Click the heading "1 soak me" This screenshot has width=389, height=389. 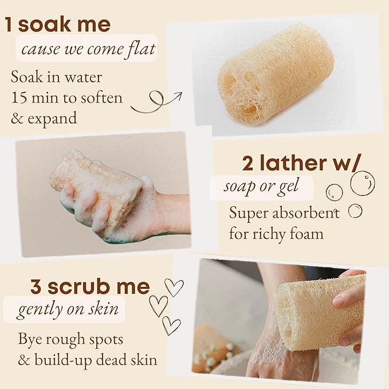coord(58,25)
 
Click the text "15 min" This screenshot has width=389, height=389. coord(35,97)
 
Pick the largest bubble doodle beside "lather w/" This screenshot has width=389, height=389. coord(362,183)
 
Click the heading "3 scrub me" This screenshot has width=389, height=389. coord(90,286)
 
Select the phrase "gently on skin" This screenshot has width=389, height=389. coord(68,310)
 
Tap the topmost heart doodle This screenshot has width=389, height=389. coord(174,286)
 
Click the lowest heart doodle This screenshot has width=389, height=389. coord(171,325)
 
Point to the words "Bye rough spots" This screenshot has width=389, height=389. coord(70,339)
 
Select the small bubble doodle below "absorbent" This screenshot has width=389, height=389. coord(355,211)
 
